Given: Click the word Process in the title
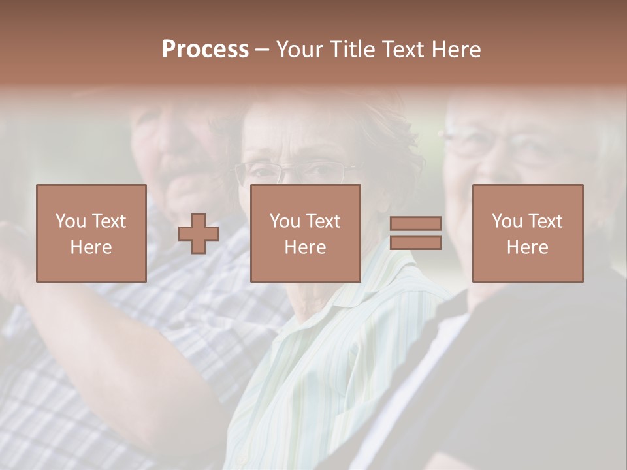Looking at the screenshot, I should pos(205,50).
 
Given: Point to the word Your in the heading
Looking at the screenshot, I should pos(301,50).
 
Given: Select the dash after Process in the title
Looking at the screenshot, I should pos(262,50).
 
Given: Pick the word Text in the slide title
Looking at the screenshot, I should pos(406,50).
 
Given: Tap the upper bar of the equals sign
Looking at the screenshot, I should pos(415,224).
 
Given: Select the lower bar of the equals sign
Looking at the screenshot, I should pos(415,243).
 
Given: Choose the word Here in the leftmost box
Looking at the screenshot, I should pos(91,247).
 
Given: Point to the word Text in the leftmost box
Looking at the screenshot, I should pos(108,221).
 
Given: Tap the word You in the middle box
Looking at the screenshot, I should pos(285,221).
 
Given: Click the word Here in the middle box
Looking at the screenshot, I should pos(305,247).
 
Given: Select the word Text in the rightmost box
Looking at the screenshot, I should pos(545,221).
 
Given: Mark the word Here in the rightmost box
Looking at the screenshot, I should pos(527,247).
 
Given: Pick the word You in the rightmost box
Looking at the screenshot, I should pos(507,221).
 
